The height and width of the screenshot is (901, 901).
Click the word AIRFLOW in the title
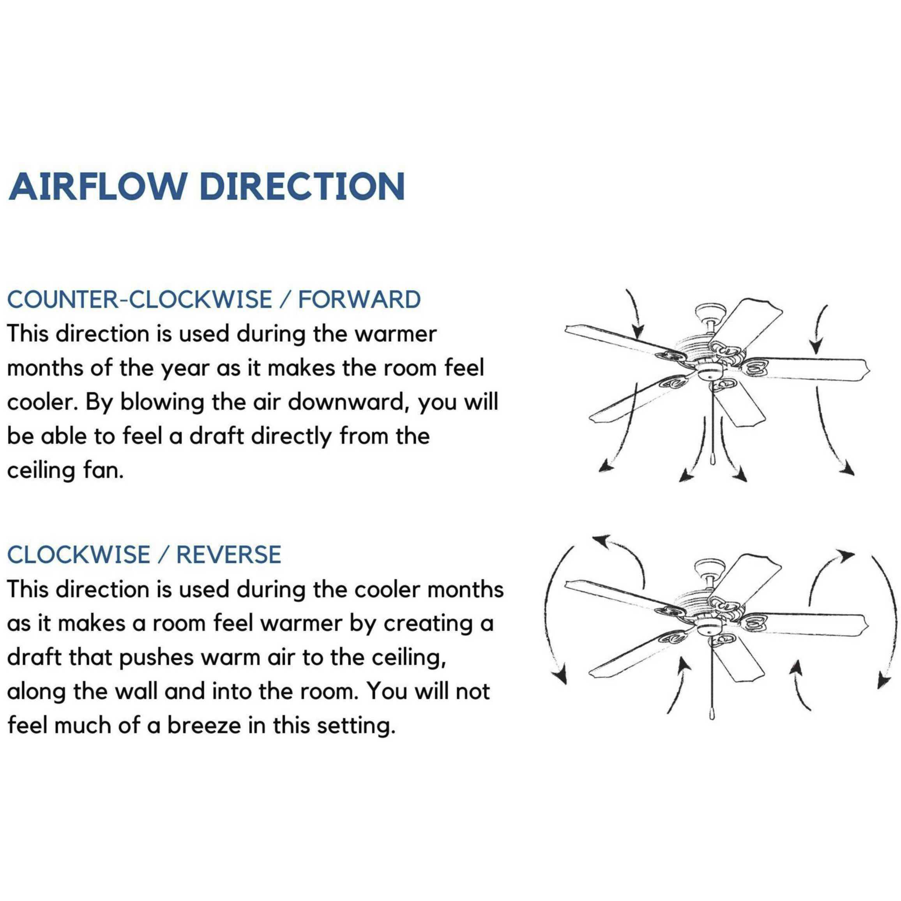95,187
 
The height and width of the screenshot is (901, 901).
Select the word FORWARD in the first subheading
359,299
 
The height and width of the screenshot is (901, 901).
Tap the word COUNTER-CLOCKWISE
140,299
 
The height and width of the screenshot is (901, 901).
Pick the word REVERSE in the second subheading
228,555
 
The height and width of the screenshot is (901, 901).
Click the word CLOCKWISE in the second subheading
79,555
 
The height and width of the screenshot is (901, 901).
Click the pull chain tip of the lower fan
712,714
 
